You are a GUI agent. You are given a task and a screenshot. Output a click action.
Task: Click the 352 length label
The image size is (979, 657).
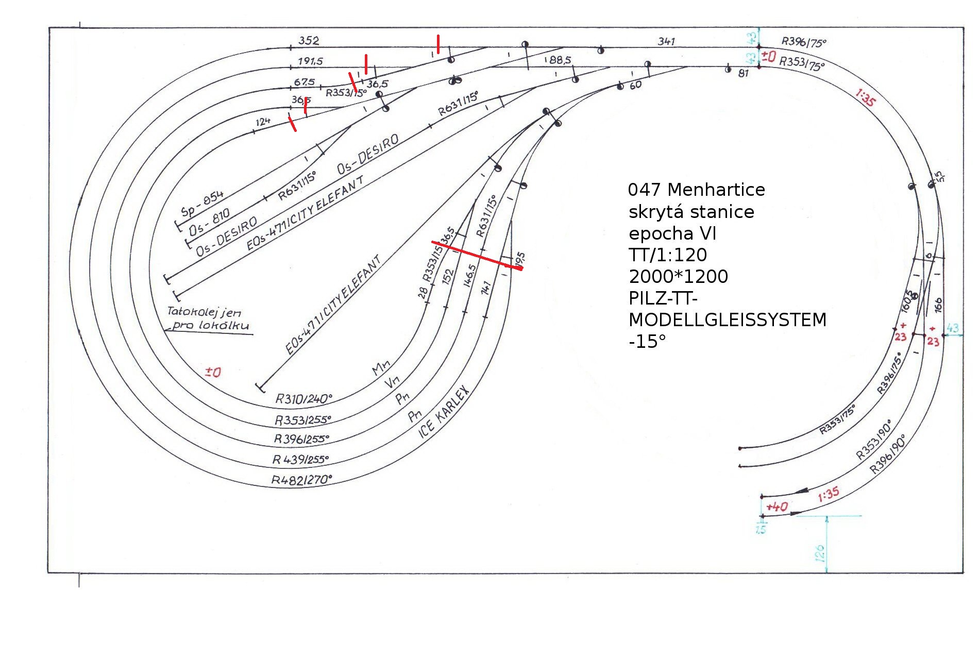309,40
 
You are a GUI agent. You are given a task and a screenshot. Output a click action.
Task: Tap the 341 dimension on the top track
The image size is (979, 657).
666,41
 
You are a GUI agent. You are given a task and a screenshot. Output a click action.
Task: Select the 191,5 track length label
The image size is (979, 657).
310,61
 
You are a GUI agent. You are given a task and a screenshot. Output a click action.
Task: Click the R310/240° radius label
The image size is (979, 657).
303,399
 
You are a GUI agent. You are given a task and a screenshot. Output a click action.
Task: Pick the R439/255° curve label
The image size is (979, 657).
300,459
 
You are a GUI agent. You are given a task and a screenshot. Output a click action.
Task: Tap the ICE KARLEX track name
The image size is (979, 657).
444,412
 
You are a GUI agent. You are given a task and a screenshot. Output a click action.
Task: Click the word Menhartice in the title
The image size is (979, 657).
716,190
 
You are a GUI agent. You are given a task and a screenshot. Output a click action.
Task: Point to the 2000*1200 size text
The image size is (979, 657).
678,277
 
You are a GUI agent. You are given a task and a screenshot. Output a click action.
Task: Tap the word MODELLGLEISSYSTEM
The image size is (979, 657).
727,320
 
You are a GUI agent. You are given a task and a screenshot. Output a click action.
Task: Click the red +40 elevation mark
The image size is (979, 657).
777,507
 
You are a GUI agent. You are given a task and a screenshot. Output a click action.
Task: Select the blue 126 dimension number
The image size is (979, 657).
820,553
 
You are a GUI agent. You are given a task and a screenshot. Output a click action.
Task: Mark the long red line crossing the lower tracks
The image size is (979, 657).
477,255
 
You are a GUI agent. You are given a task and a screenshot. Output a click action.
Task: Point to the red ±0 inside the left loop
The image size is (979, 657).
213,372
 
